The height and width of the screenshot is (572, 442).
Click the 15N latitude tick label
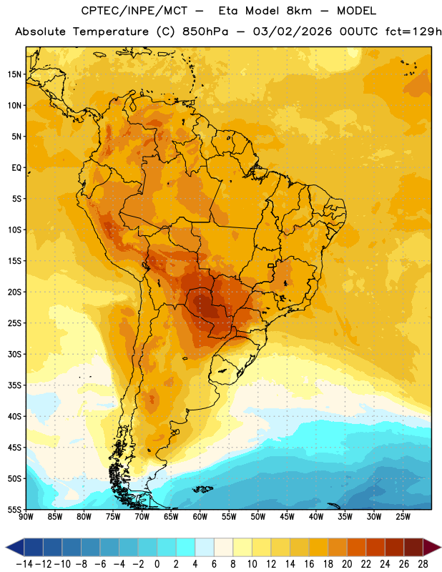click(14, 74)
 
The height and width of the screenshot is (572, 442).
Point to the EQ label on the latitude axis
click(16, 168)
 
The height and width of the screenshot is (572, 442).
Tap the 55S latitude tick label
click(14, 510)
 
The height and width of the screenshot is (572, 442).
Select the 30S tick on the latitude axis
click(14, 354)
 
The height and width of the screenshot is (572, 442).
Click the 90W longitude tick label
click(26, 517)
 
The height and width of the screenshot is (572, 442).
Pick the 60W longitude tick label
click(200, 517)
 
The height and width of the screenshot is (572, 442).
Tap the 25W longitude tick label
click(403, 517)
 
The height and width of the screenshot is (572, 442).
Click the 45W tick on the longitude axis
click(287, 517)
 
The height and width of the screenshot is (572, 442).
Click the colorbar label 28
click(423, 564)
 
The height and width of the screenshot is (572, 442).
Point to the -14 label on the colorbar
click(24, 564)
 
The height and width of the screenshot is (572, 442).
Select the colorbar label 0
click(157, 564)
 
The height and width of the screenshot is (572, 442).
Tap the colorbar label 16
click(309, 564)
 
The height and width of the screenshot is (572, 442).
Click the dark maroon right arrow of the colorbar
click(432, 548)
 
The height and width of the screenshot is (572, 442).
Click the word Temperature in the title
click(111, 32)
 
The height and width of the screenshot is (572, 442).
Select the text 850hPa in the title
click(205, 31)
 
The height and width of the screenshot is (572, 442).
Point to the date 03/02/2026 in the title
click(293, 31)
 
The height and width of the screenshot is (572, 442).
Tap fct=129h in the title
click(413, 31)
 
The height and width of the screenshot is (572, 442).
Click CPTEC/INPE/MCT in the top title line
click(134, 11)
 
